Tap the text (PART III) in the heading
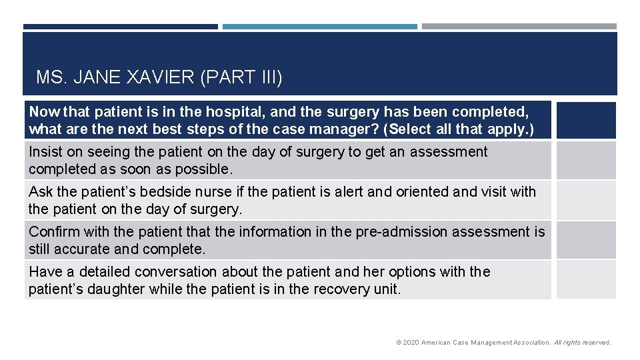click(x=241, y=78)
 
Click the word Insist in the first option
click(x=46, y=152)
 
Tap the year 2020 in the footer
click(x=411, y=343)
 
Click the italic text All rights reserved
click(x=582, y=343)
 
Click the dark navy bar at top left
click(x=120, y=27)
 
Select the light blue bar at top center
click(x=320, y=27)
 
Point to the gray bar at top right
click(x=519, y=27)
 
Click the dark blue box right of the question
click(x=586, y=120)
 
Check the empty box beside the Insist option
click(x=586, y=161)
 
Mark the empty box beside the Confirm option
click(x=586, y=241)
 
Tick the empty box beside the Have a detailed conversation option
click(x=586, y=280)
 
